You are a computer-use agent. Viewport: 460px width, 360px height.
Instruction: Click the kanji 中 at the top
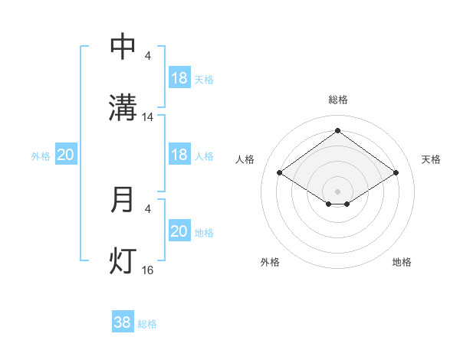[x=123, y=47]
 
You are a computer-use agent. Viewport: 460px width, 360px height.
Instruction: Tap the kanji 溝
[x=123, y=107]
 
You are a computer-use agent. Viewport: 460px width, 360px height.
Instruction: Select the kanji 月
[x=123, y=200]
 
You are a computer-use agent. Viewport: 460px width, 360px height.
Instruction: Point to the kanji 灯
[x=123, y=260]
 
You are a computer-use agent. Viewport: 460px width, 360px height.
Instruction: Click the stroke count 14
[x=148, y=117]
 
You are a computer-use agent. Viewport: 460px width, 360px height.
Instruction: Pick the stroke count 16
[x=148, y=270]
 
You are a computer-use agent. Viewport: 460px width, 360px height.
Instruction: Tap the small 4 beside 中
[x=147, y=56]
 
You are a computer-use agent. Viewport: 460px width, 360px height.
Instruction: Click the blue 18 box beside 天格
[x=179, y=78]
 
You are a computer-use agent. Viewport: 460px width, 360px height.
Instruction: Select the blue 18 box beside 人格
[x=179, y=155]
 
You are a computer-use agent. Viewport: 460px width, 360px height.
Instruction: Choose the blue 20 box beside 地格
[x=179, y=231]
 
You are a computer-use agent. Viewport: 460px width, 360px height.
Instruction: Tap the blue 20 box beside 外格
[x=66, y=155]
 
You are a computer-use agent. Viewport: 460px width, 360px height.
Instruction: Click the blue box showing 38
[x=123, y=322]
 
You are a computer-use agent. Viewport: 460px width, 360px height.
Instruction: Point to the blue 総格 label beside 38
[x=147, y=324]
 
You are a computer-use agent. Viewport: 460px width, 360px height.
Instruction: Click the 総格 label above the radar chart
[x=337, y=100]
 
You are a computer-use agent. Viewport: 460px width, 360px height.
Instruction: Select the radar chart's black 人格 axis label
[x=245, y=159]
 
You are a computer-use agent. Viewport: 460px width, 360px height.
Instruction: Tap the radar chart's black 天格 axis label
[x=431, y=159]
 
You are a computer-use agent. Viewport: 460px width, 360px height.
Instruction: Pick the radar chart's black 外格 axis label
[x=270, y=262]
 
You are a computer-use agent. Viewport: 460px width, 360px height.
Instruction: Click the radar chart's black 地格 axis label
[x=402, y=262]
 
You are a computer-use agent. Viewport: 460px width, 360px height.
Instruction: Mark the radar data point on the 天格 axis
[x=396, y=173]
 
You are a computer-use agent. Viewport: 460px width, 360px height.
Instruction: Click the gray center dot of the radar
[x=337, y=191]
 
